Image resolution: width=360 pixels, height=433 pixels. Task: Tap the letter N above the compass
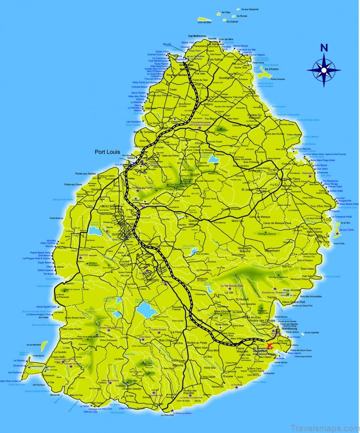pyautogui.click(x=324, y=48)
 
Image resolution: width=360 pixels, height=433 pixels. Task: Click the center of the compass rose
pyautogui.click(x=323, y=70)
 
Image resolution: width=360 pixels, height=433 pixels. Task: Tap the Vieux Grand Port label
pyautogui.click(x=281, y=302)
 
